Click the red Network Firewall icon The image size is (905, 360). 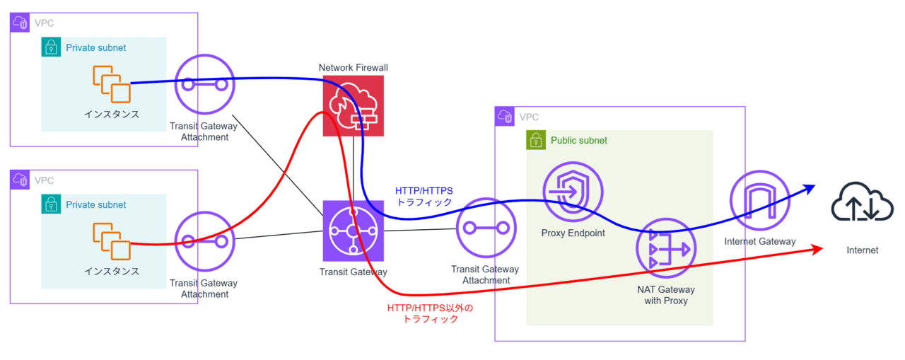tap(354, 105)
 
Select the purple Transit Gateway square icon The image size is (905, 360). tap(354, 231)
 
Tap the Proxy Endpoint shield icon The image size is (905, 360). tap(573, 193)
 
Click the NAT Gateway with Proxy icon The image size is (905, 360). tap(665, 249)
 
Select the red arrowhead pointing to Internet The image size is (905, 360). tap(819, 249)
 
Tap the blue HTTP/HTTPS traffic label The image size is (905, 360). tap(424, 196)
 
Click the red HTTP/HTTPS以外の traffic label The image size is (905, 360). tap(430, 313)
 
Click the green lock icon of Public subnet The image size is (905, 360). tap(536, 140)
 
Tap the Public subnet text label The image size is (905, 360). tap(579, 140)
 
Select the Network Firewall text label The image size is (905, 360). tap(354, 68)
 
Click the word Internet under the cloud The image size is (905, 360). tap(863, 250)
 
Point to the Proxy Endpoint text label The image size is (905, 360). tap(573, 233)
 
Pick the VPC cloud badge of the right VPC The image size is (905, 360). tap(505, 117)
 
